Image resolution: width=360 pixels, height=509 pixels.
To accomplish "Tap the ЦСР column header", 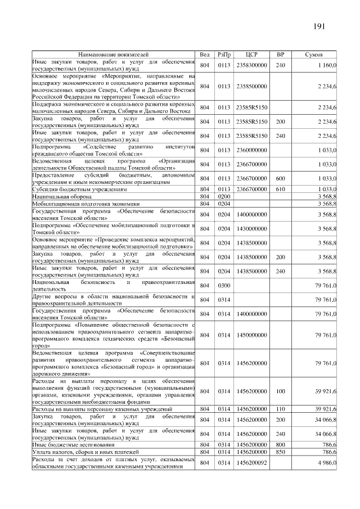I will [x=251, y=55].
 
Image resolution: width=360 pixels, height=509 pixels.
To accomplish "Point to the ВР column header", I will [x=280, y=55].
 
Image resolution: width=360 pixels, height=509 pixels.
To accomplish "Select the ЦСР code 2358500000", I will [x=251, y=86].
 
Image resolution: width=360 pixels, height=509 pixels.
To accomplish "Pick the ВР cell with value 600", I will [x=280, y=178].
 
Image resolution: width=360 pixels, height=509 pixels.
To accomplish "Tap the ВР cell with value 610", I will [x=280, y=188].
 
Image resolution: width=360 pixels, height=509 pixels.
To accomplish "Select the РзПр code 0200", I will [x=224, y=196].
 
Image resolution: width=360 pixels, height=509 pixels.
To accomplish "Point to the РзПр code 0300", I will [x=224, y=286].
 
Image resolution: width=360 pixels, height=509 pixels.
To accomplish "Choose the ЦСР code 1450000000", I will [x=251, y=335].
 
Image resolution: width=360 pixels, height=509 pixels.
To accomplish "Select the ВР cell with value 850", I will [x=280, y=452].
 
